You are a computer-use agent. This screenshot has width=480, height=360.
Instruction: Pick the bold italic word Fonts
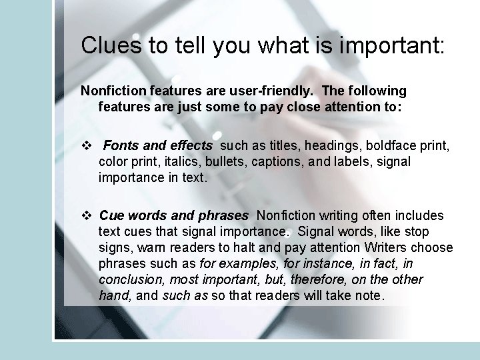(121, 145)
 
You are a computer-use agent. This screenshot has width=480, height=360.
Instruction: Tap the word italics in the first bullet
(187, 161)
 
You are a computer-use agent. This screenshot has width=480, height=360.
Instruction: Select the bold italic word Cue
(111, 215)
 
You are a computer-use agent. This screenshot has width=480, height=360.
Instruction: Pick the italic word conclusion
(129, 279)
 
